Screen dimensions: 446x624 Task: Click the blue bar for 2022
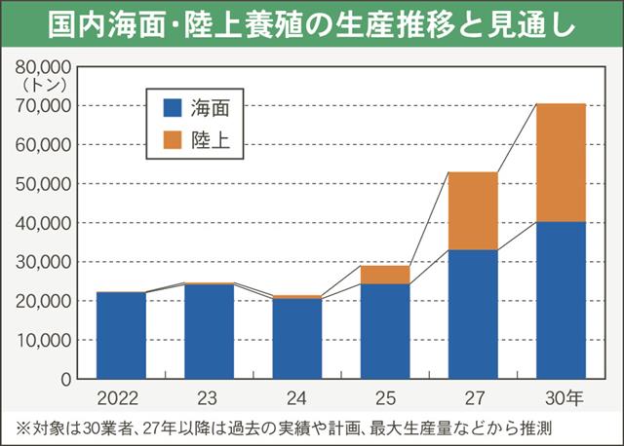click(x=121, y=335)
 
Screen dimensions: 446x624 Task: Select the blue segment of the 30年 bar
click(x=561, y=300)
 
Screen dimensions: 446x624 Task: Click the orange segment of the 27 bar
click(x=473, y=211)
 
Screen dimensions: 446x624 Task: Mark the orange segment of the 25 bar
click(x=385, y=275)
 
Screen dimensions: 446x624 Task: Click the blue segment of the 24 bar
click(x=297, y=338)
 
